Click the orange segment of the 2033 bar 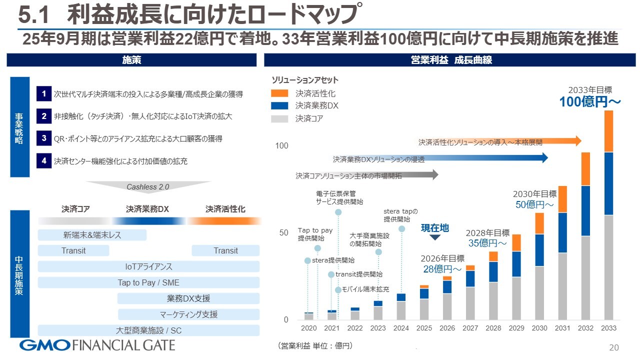point(608,131)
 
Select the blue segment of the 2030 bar point(539,250)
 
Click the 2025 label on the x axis point(424,328)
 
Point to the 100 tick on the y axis point(282,146)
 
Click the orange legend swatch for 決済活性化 point(279,93)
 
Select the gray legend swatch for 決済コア point(279,118)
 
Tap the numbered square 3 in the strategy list point(44,138)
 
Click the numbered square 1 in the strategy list point(44,94)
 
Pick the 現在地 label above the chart point(434,228)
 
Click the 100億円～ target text point(590,102)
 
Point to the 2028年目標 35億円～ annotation point(487,238)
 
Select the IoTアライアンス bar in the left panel point(148,266)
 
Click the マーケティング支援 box point(188,314)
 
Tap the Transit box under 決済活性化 point(225,250)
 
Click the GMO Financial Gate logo point(97,345)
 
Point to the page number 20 point(613,347)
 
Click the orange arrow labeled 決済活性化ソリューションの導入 point(500,141)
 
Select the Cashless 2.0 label point(148,187)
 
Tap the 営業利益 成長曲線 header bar point(451,60)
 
